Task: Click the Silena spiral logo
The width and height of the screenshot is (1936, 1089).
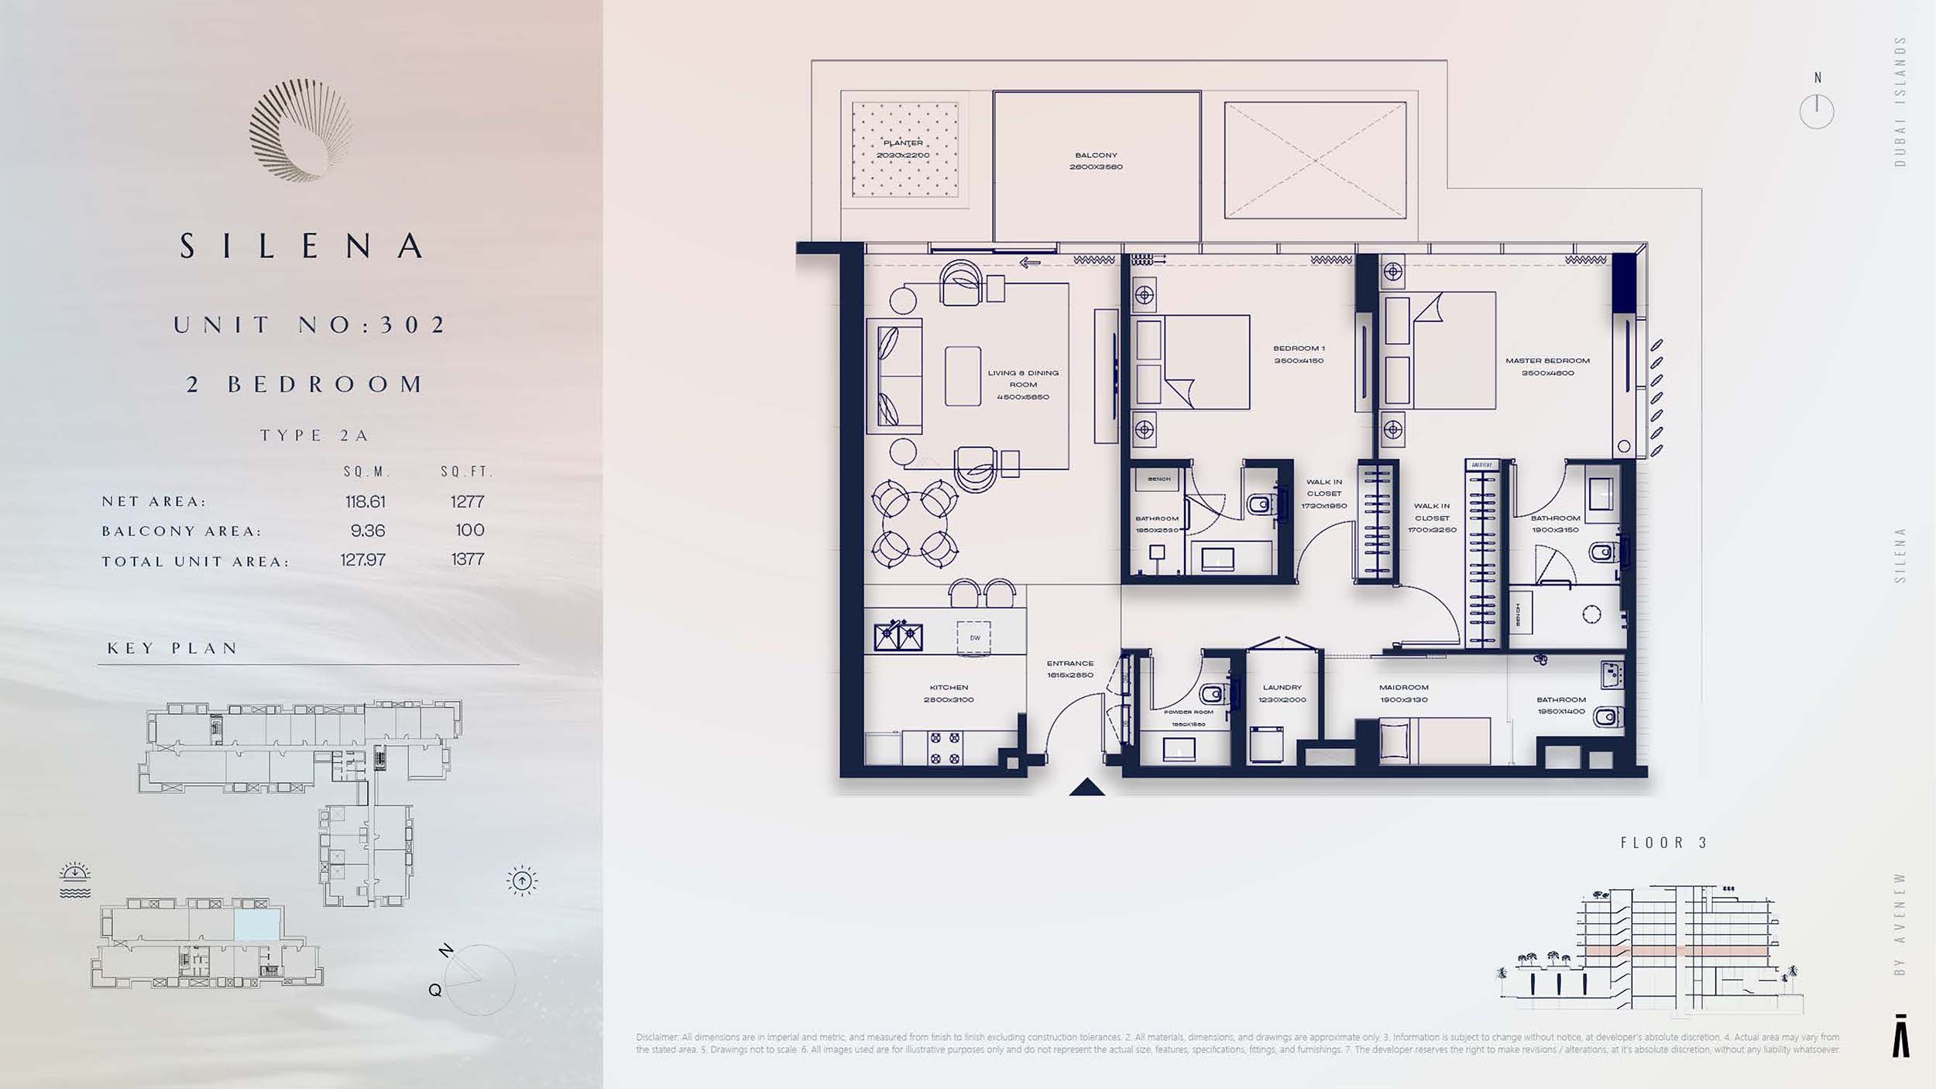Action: (x=300, y=130)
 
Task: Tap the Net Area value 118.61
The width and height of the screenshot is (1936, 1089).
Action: (x=365, y=502)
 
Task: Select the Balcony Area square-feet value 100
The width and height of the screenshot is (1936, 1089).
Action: (x=469, y=531)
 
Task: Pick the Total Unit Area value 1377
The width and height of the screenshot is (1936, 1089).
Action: (x=468, y=559)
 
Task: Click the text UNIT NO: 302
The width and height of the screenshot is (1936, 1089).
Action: (x=310, y=325)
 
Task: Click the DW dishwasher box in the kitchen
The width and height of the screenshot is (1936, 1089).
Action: (x=974, y=638)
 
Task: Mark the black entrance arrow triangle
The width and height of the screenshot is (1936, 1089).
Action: (x=1086, y=788)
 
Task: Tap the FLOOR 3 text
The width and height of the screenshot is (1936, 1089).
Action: (x=1663, y=843)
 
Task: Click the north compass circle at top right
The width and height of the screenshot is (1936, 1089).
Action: (x=1816, y=112)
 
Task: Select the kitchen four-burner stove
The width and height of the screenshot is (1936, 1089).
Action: (x=946, y=748)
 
